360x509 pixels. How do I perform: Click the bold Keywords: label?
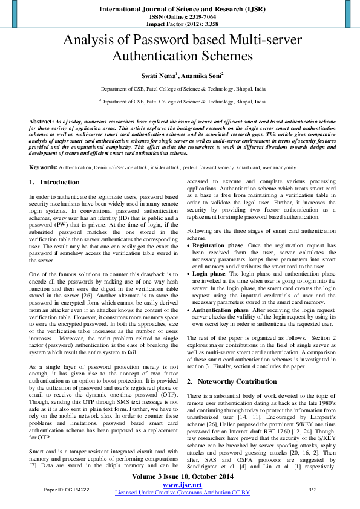click(43, 167)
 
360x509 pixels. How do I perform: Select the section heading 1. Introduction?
click(54, 182)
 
